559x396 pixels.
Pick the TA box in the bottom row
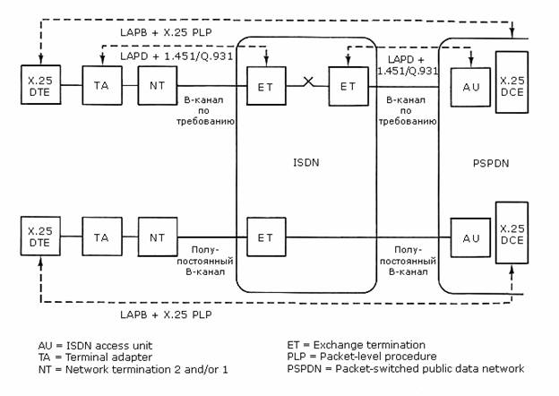pos(100,237)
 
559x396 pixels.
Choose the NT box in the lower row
pos(157,237)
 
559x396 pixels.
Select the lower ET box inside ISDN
pos(265,237)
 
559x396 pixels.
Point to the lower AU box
pos(468,237)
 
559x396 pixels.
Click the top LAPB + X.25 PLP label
pos(168,31)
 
